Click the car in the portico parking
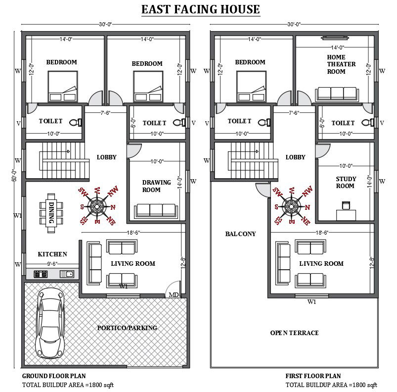click(49, 322)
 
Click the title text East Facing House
click(200, 9)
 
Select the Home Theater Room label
click(336, 64)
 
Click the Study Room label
click(345, 183)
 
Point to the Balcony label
click(240, 234)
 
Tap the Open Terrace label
click(294, 333)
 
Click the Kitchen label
click(52, 254)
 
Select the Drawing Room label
click(156, 186)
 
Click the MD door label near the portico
click(174, 295)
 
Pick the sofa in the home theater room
click(336, 94)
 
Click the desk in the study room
click(346, 213)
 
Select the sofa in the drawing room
click(156, 210)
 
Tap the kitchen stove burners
click(41, 274)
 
